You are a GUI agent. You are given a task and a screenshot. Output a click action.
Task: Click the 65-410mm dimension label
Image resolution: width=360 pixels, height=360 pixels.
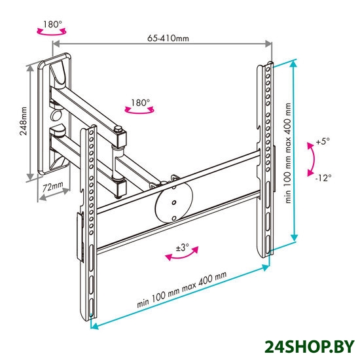pos(168,38)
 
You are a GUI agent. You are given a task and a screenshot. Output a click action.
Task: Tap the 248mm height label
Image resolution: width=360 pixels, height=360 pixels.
pos(23,121)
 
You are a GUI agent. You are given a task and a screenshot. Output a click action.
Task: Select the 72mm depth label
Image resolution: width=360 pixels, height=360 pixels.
pos(53,187)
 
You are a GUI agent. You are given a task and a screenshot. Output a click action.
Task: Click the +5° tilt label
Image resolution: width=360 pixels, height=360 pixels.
pos(323,141)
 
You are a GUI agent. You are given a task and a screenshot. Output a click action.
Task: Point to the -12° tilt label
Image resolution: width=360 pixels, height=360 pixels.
pos(323,177)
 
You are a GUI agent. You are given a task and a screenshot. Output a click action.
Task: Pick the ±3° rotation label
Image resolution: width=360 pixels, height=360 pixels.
pos(183,247)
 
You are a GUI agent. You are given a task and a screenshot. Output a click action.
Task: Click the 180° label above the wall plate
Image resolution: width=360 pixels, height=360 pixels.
pos(52,24)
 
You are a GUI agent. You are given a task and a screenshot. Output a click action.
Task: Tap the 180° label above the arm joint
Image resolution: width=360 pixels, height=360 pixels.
pos(140,102)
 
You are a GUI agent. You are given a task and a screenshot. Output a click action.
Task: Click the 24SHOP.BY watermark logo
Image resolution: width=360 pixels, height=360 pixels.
pos(309,346)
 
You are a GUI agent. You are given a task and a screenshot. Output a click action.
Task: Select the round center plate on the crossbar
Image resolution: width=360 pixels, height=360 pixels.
pos(174,202)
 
